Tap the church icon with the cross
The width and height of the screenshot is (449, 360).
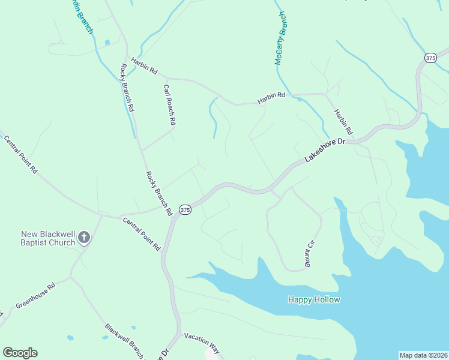[84, 238]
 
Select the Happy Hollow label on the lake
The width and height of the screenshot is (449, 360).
[314, 299]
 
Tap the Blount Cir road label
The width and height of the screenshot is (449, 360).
[310, 253]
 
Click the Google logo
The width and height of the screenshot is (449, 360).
[20, 353]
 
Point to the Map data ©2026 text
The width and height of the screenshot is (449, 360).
[423, 355]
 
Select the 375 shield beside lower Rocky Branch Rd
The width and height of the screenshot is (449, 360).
[185, 210]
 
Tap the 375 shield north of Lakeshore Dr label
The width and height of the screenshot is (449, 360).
[430, 58]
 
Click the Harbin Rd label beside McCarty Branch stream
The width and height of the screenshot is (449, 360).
[271, 98]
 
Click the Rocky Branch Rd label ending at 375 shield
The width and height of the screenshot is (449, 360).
[159, 193]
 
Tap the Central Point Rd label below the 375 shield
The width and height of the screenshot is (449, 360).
[142, 234]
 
